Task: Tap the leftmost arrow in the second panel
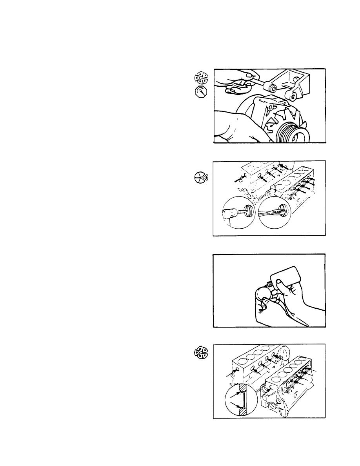(x=238, y=180)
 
